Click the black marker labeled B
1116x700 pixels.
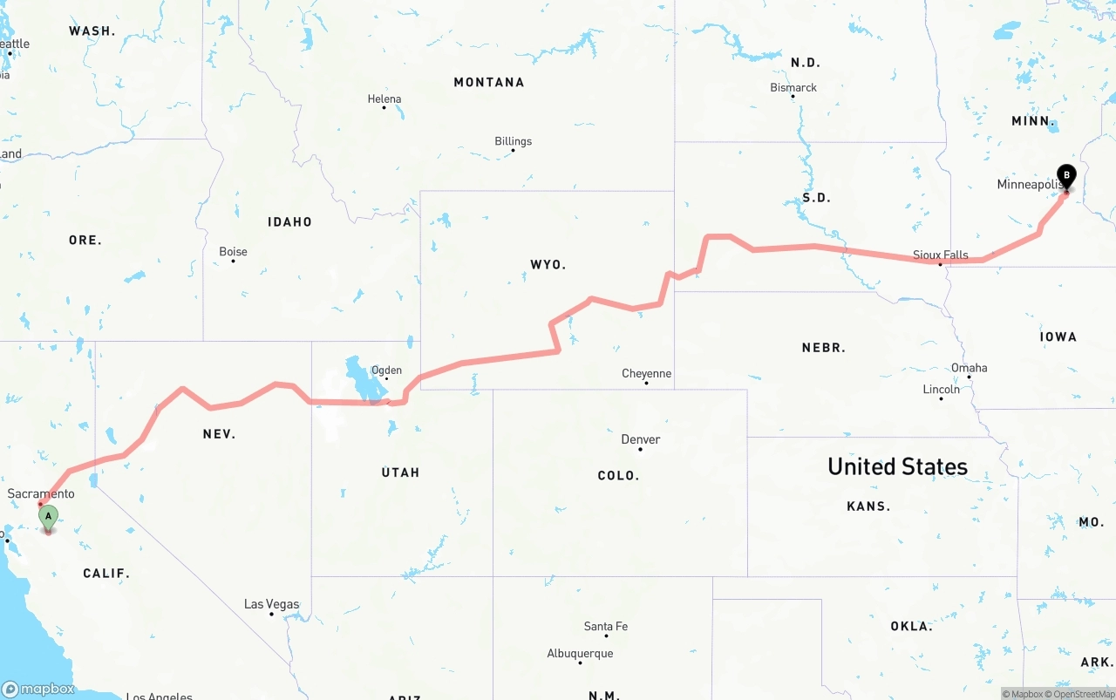[1065, 176]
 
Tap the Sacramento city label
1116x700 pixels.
[41, 493]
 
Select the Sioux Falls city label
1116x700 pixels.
[940, 255]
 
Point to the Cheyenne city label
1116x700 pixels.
[646, 373]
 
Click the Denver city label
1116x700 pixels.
[640, 439]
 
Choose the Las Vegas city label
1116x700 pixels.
[271, 604]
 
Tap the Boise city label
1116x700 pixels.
[233, 251]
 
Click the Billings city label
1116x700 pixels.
[513, 141]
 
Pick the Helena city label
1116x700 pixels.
[384, 99]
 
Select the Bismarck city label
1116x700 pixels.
[793, 87]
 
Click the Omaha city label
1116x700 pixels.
[969, 367]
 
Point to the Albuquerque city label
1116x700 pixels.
[580, 653]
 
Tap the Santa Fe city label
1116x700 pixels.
[605, 626]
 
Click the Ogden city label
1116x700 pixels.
[386, 370]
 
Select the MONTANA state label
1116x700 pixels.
[488, 82]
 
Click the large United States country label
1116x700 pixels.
[897, 466]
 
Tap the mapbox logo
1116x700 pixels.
[38, 689]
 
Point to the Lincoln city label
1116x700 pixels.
[941, 389]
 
